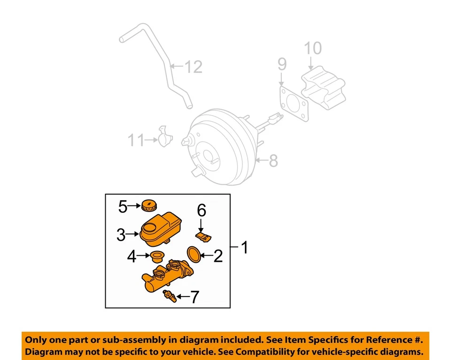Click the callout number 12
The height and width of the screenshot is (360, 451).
point(193,67)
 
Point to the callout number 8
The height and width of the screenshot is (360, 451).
point(272,161)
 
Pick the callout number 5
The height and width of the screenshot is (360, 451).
point(123,207)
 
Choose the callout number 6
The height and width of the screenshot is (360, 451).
point(201,211)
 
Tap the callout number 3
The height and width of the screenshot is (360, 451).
point(121,235)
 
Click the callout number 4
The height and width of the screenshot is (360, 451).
point(132,257)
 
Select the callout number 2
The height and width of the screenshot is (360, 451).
point(218,256)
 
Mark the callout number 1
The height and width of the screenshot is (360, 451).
point(244,247)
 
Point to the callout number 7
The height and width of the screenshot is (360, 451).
point(194,297)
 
